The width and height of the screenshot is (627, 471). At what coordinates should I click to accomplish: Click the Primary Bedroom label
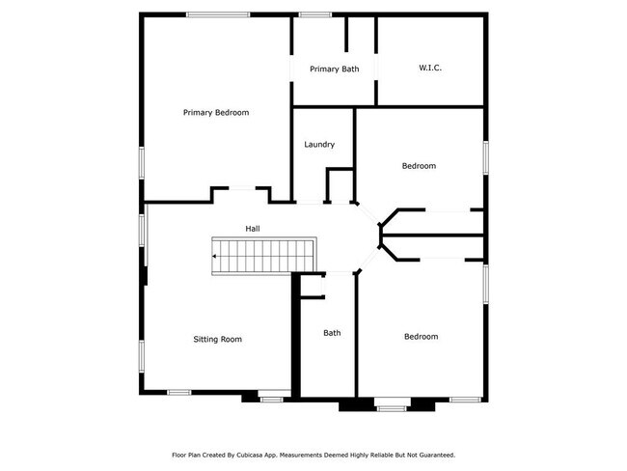click(x=216, y=113)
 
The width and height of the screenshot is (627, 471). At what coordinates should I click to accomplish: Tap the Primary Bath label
click(x=334, y=69)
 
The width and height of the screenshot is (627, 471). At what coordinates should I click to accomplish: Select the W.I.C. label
click(x=430, y=68)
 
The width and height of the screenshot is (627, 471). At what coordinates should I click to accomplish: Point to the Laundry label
click(x=319, y=145)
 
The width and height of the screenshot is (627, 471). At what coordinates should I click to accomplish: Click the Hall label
click(x=253, y=229)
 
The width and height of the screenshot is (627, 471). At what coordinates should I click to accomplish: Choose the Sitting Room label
click(x=217, y=340)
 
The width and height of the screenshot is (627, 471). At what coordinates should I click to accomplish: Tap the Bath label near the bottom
click(x=332, y=334)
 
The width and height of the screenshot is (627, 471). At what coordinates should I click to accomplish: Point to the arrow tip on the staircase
click(x=214, y=257)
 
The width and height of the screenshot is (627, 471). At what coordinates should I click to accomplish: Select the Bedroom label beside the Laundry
click(x=419, y=166)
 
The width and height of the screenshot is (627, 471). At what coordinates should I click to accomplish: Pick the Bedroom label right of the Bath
click(x=421, y=337)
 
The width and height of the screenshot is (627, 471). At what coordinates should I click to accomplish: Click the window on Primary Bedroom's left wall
click(x=142, y=162)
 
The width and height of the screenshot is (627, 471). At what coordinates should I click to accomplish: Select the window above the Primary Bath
click(x=313, y=14)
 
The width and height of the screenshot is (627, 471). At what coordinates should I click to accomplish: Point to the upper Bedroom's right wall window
click(x=485, y=157)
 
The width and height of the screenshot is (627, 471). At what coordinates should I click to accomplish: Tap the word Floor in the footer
click(x=179, y=455)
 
